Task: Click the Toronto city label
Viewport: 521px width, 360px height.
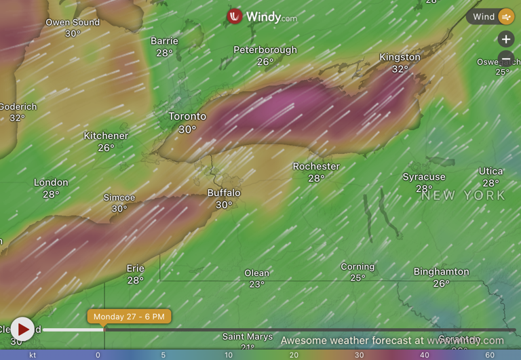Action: click(187, 117)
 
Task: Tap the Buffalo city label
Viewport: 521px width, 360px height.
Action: click(224, 193)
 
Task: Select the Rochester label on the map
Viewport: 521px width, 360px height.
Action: click(316, 167)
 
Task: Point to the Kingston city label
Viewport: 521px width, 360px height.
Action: click(400, 58)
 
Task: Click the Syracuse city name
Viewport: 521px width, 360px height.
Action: click(424, 177)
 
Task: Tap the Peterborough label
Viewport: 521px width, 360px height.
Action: click(265, 50)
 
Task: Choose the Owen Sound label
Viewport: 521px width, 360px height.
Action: click(73, 22)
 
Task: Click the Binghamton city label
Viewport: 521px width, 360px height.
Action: click(441, 272)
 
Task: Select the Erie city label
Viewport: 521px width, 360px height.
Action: click(135, 268)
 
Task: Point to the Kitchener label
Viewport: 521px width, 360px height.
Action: click(106, 136)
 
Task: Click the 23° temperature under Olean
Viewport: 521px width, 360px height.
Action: click(256, 285)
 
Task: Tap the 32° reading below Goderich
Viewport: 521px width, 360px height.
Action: click(17, 118)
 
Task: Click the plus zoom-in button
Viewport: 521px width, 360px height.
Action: click(506, 39)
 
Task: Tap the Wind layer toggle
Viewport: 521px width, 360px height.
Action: click(490, 17)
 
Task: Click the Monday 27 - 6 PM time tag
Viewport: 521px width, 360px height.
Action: click(129, 317)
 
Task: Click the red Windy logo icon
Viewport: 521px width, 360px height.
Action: click(235, 16)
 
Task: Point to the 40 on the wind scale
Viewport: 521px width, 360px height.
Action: click(424, 355)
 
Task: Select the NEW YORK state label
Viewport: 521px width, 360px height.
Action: click(463, 195)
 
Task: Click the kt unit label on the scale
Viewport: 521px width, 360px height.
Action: click(33, 355)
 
